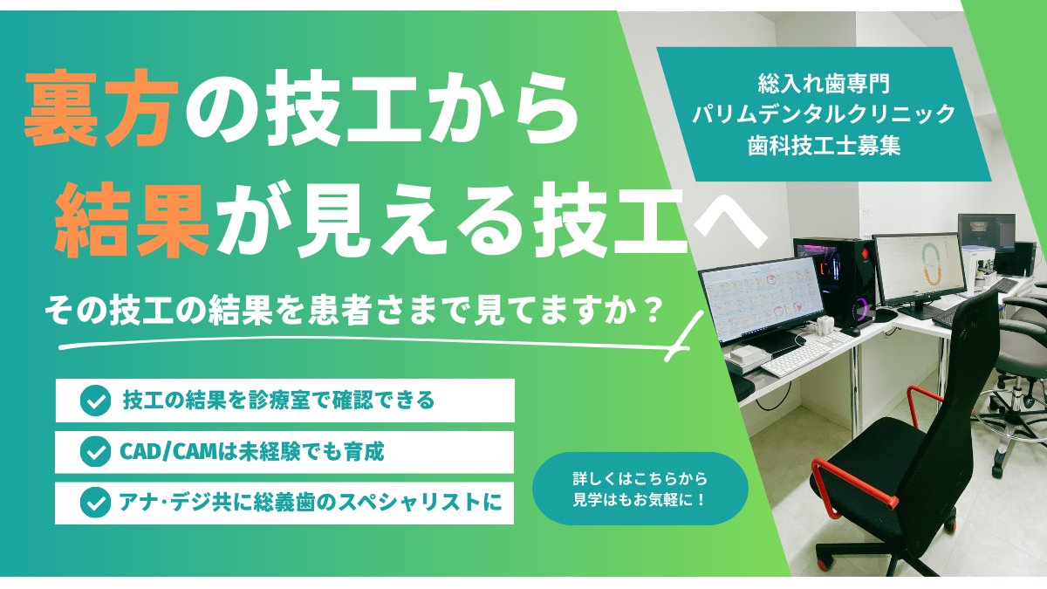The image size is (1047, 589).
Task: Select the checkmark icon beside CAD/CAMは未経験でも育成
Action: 92,452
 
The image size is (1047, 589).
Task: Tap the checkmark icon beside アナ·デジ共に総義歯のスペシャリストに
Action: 92,503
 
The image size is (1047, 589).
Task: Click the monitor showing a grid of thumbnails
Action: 762,297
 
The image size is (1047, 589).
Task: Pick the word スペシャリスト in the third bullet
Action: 426,503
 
